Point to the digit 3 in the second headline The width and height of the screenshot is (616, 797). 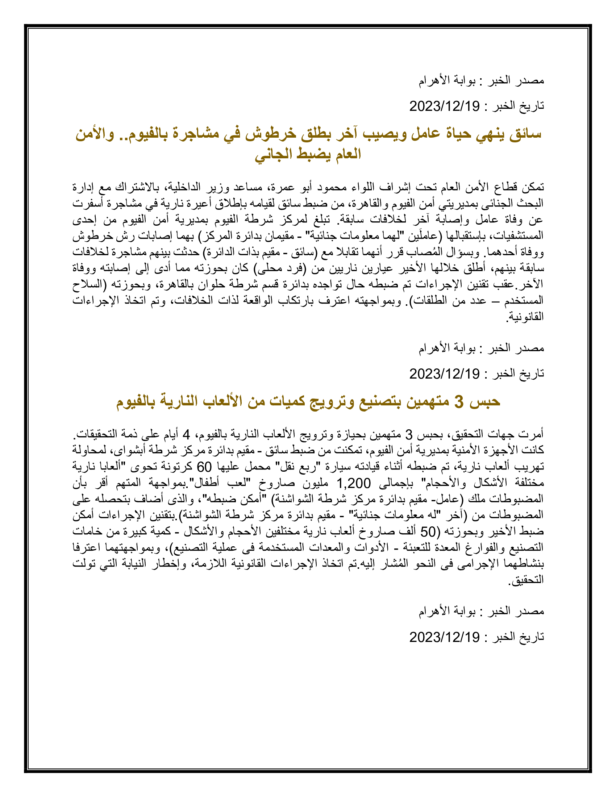[x=459, y=401]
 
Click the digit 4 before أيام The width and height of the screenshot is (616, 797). [x=186, y=434]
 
